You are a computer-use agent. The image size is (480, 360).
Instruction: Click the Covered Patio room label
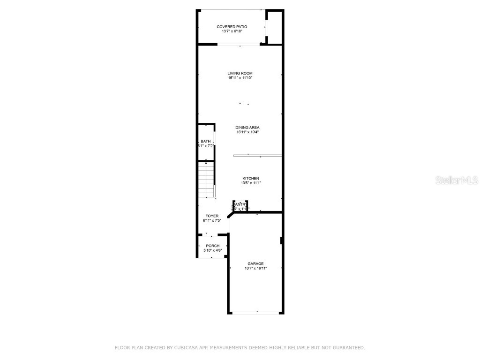(x=232, y=27)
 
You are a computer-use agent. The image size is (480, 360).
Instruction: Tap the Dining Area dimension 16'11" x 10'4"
(x=247, y=132)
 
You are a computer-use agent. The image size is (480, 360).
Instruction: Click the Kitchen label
(x=250, y=179)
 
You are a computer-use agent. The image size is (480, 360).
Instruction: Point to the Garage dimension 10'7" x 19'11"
(x=255, y=269)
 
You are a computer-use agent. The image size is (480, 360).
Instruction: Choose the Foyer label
(x=212, y=216)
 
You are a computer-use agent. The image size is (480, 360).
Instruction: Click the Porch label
(x=213, y=246)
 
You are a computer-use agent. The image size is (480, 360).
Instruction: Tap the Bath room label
(x=206, y=142)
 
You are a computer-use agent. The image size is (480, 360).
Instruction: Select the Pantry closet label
(x=240, y=204)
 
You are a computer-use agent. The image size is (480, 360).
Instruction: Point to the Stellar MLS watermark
(x=457, y=180)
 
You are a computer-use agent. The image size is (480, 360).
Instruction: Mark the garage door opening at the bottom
(x=256, y=312)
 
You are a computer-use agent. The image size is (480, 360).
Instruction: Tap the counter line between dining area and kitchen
(x=257, y=155)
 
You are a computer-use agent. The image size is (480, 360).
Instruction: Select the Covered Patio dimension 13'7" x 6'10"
(x=232, y=31)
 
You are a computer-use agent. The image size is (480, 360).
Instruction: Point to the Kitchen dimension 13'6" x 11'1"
(x=250, y=183)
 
